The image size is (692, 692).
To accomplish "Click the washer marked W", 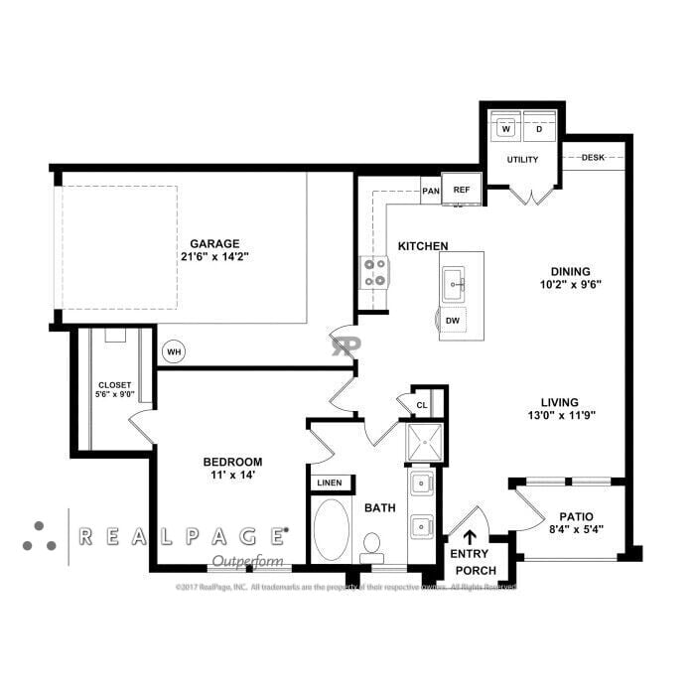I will coord(506,129).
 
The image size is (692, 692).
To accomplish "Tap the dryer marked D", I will coord(539,129).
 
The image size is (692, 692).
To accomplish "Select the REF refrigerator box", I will coord(462,189).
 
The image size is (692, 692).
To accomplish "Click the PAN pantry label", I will coord(431,191).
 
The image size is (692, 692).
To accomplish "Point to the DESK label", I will coord(593,157).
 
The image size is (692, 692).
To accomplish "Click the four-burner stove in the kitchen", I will coord(374,272).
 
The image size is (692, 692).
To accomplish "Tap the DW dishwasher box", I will coord(452,320).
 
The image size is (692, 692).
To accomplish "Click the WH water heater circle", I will coord(174,350).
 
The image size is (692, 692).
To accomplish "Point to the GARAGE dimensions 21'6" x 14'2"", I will coord(214,256).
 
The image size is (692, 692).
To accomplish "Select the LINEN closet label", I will coord(329,484).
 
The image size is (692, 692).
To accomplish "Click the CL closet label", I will coord(421,404).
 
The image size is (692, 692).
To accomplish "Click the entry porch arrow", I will coord(469,537).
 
